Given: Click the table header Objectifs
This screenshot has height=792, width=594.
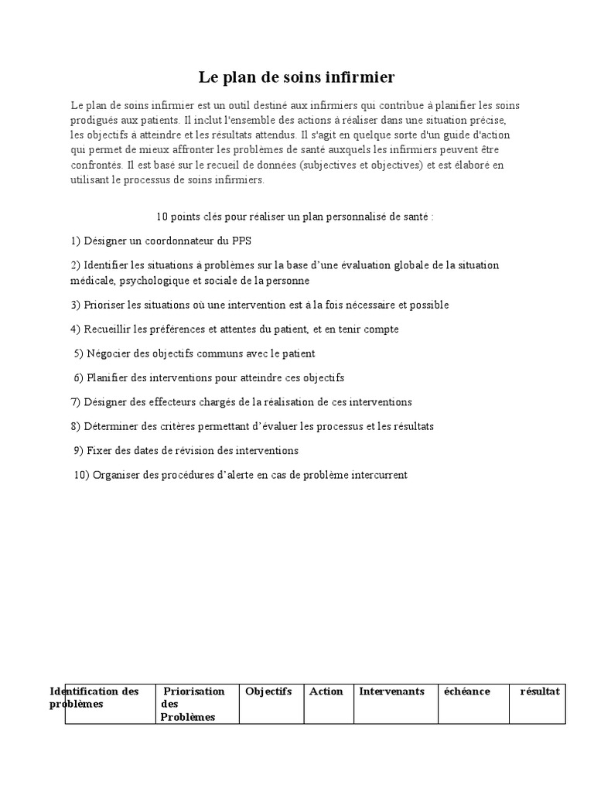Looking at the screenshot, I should (x=268, y=691).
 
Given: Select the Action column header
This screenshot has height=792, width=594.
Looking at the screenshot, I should (x=326, y=691).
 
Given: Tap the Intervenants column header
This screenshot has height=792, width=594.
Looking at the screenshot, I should (x=391, y=691).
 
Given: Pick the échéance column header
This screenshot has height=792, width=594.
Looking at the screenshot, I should (x=466, y=691).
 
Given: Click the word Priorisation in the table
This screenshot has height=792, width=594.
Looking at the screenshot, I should (x=194, y=691).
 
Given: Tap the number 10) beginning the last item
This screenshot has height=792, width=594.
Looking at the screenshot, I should (x=82, y=475).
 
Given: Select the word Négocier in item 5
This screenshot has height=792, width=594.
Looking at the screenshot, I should (x=108, y=353).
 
